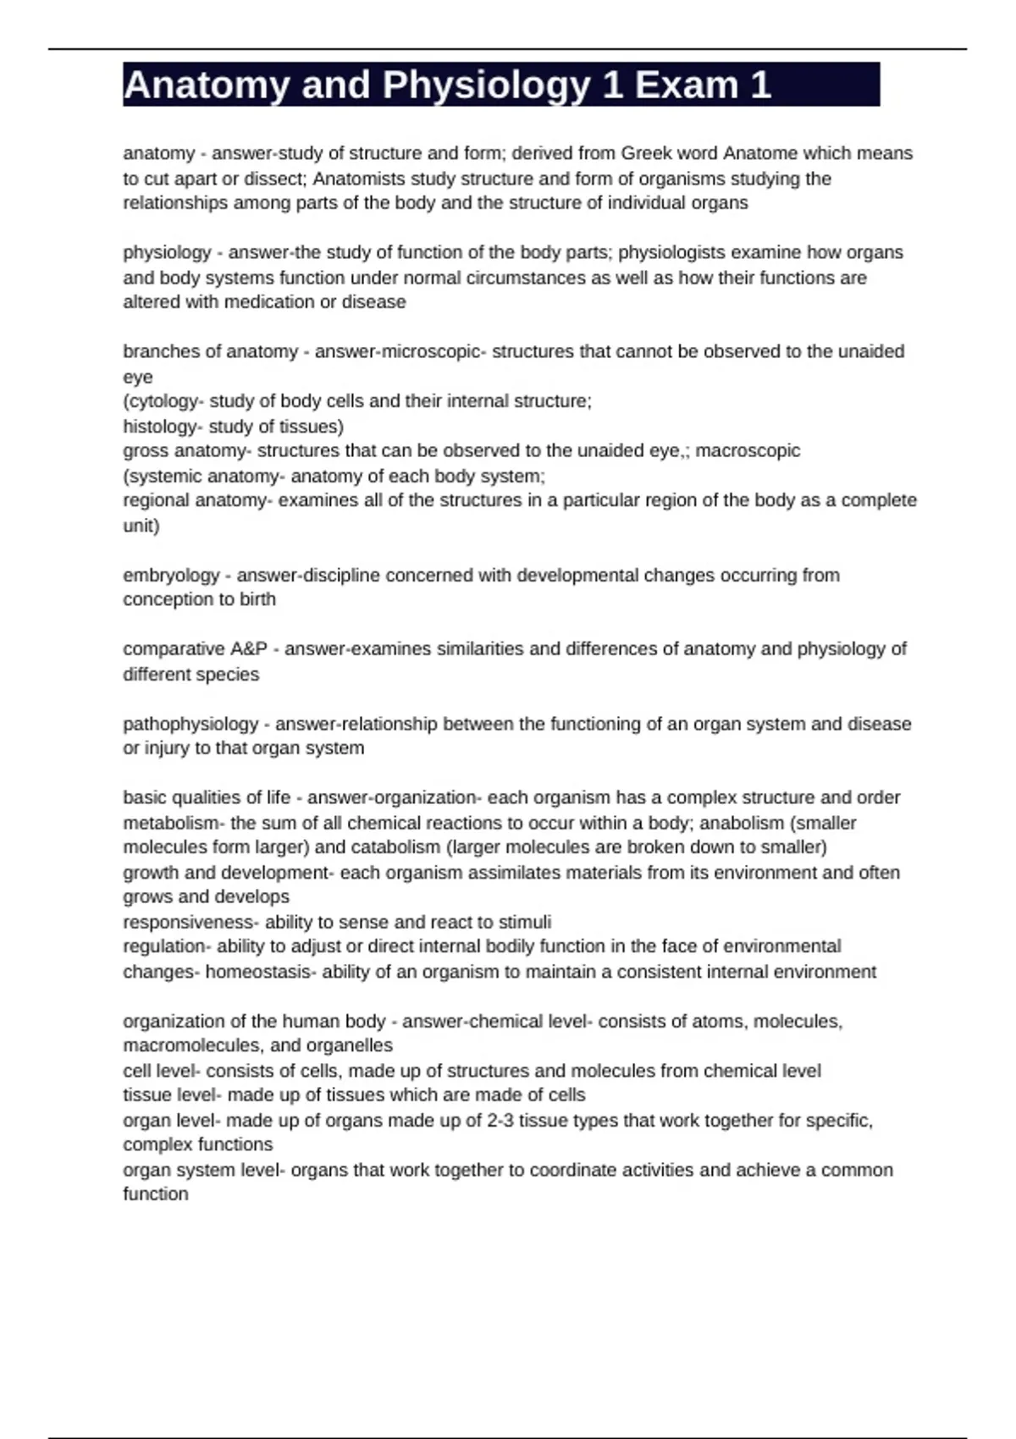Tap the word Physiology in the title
point(486,85)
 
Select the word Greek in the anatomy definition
point(649,153)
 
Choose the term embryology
point(171,576)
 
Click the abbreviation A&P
point(248,649)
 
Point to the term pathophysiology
point(190,724)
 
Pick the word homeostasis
point(258,972)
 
